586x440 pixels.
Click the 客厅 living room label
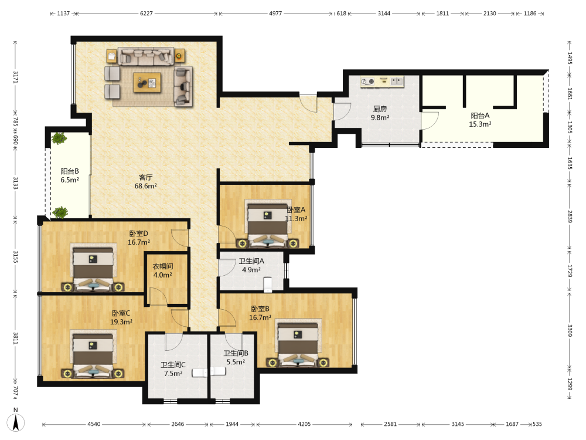[x=146, y=177]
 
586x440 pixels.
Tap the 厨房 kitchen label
[x=380, y=109]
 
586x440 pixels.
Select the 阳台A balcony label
[x=480, y=116]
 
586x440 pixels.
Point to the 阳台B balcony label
[x=70, y=171]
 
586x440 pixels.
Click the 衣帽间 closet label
[x=162, y=266]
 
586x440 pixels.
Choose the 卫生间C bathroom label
[x=173, y=365]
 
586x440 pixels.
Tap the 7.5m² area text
[x=173, y=373]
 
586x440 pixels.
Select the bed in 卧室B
[x=298, y=342]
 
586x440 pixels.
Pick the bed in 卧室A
[x=268, y=223]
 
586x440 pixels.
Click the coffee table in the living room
[x=147, y=82]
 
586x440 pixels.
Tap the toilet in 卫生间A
[x=268, y=285]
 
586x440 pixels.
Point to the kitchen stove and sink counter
[x=382, y=82]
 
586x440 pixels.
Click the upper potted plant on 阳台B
[x=59, y=138]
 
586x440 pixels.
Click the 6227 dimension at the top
[x=146, y=13]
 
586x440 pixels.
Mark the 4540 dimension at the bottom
[x=94, y=424]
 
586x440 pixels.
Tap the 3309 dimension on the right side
[x=570, y=330]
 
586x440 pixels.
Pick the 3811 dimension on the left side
[x=16, y=339]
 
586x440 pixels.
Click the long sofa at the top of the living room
[x=146, y=56]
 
